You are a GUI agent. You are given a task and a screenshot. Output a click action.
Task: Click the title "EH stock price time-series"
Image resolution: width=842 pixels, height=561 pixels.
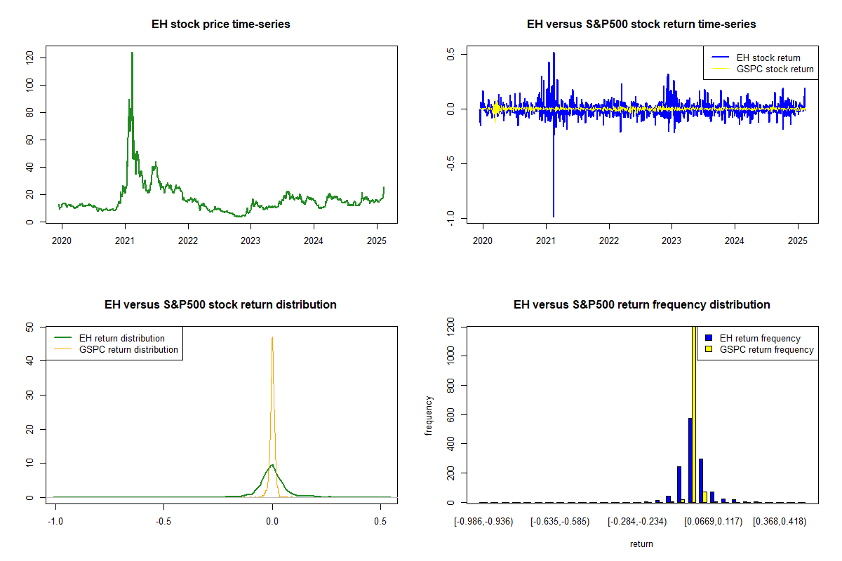coord(220,25)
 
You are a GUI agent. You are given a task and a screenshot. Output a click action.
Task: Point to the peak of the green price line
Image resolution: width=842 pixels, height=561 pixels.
coord(131,53)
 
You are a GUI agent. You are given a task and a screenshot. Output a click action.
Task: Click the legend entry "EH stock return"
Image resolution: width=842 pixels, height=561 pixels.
coord(768,58)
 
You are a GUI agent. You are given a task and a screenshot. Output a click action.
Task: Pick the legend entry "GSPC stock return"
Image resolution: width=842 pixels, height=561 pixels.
coord(775,69)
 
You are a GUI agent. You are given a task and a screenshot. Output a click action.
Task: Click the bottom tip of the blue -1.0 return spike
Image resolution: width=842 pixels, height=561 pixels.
coord(554,216)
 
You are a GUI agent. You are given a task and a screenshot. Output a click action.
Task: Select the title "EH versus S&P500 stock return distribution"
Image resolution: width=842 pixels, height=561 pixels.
coord(220,305)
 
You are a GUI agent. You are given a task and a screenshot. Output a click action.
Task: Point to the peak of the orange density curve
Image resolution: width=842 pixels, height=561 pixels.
coord(272,338)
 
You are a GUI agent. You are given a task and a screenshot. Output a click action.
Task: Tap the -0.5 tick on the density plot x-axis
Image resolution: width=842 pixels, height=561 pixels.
coord(163,522)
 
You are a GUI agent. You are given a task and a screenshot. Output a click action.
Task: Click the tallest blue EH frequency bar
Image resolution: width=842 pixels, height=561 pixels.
coord(690,460)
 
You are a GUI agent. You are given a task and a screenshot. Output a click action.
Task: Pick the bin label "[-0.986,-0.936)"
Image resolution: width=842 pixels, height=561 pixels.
coord(483,522)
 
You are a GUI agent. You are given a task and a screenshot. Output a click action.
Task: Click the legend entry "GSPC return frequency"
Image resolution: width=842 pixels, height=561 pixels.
coord(766,349)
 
